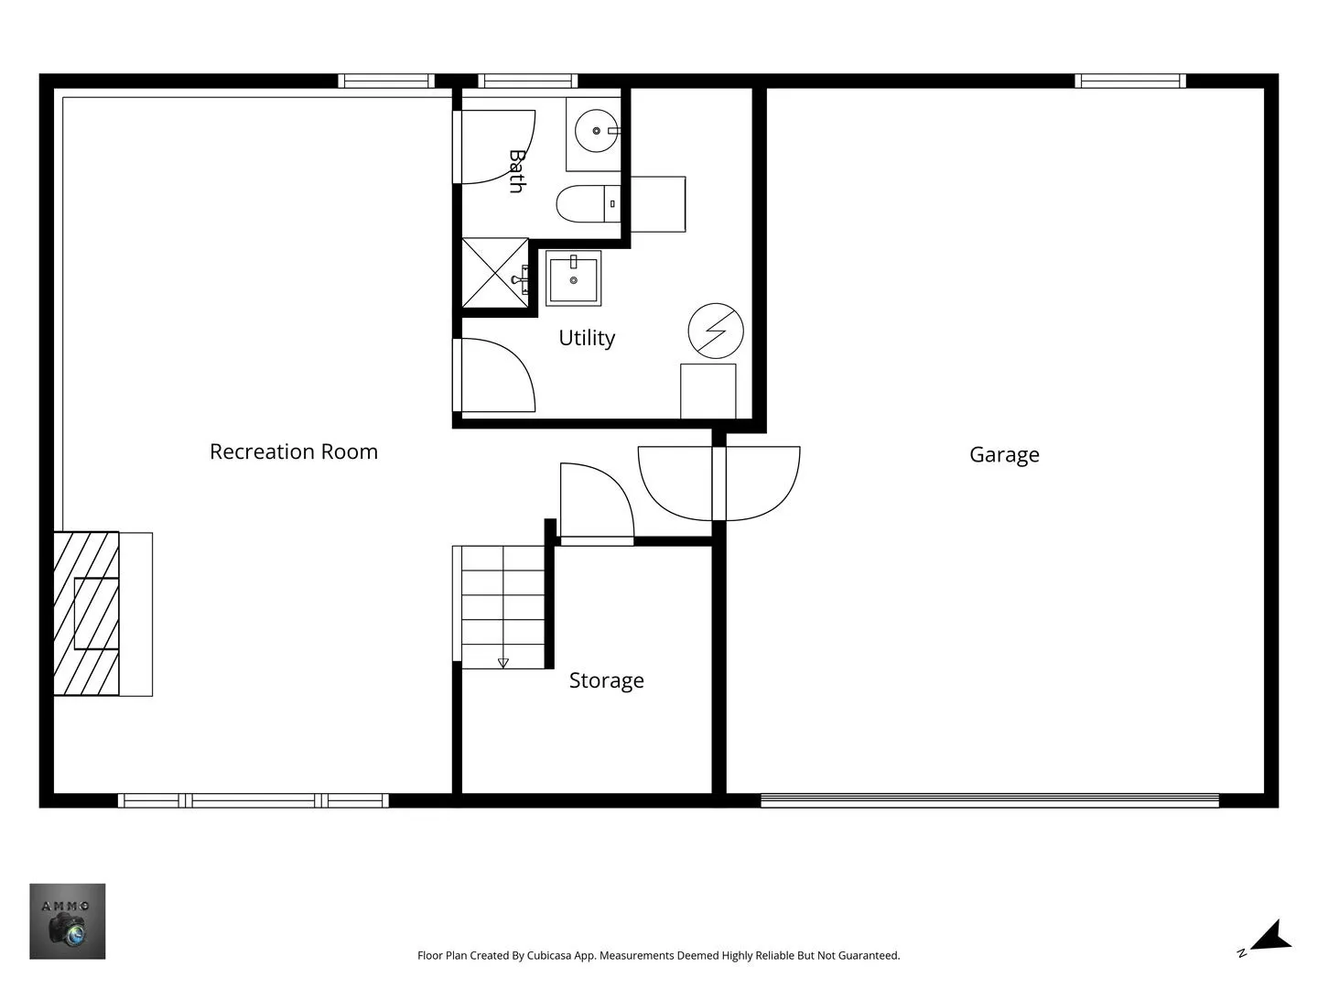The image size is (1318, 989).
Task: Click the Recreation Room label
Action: pos(294,451)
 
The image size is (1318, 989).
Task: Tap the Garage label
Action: pos(1004,454)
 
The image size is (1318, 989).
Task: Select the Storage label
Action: pos(607,680)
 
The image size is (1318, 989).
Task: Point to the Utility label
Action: pos(587,338)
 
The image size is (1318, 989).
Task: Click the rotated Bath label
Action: pos(517,171)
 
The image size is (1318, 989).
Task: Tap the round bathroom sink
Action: pos(596,131)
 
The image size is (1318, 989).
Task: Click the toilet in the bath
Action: pos(589,203)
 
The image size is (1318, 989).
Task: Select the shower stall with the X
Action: pos(495,273)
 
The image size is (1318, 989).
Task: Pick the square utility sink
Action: pos(574,278)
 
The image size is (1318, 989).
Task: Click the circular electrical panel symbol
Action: pos(716,331)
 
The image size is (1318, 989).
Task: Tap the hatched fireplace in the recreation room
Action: pos(86,614)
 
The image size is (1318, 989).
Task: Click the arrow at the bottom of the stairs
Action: pos(503,663)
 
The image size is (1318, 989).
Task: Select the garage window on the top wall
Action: pos(1130,82)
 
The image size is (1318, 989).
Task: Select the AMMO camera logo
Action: pos(67,921)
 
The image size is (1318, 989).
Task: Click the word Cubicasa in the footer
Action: pos(549,955)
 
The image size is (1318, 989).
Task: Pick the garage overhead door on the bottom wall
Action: pos(989,800)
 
